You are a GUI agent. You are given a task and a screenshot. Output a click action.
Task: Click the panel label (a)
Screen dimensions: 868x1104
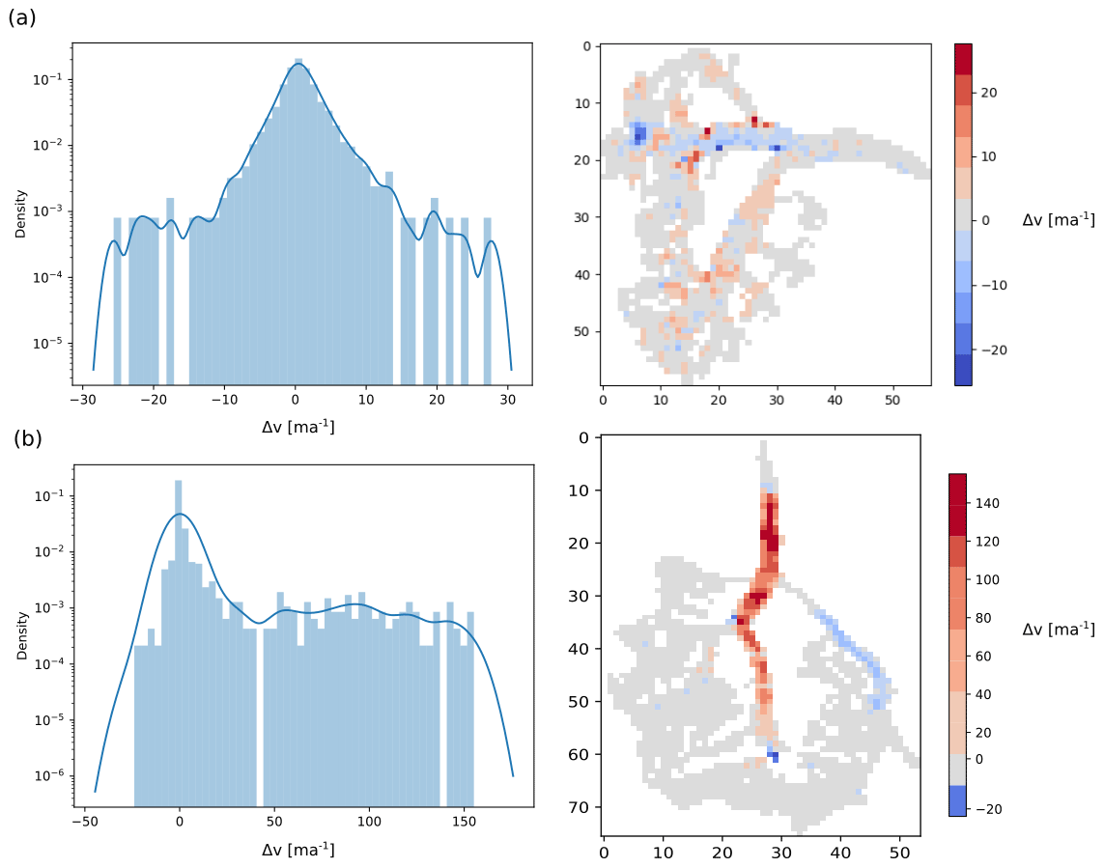(x=21, y=16)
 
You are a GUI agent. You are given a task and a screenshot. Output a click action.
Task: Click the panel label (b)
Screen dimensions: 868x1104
(x=28, y=438)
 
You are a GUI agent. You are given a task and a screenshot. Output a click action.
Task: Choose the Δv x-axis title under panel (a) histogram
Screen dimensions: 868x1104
(x=298, y=426)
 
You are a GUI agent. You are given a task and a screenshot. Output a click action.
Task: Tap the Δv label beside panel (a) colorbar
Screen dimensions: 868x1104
(x=1058, y=220)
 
